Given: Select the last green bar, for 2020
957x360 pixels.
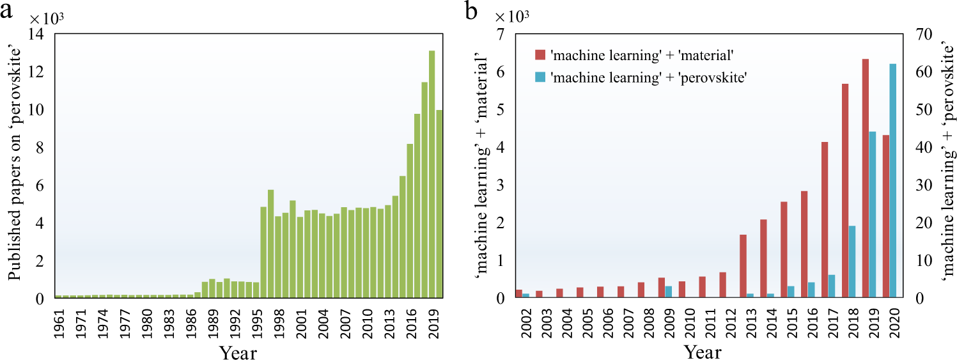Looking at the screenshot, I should [439, 204].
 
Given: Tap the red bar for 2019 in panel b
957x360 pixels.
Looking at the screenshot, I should [865, 178].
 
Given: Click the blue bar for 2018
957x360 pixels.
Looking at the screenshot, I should [852, 262].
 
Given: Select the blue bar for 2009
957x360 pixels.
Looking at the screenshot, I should [668, 292].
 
